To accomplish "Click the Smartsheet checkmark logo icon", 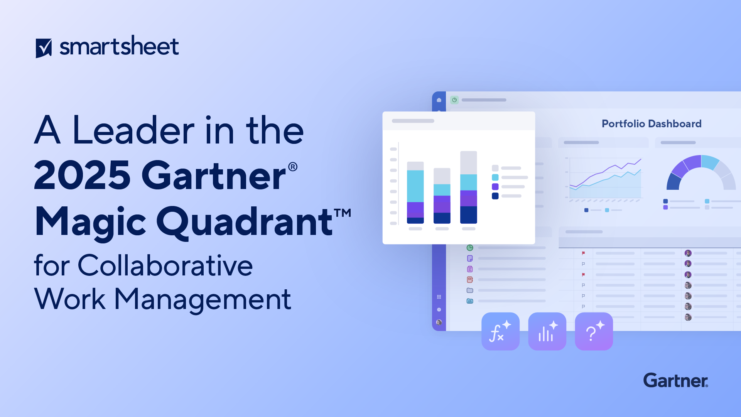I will click(x=44, y=48).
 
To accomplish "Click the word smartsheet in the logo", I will click(x=119, y=47).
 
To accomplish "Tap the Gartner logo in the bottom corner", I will click(x=675, y=380).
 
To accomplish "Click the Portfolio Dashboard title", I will click(x=652, y=124).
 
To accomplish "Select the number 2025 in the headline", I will click(x=82, y=176).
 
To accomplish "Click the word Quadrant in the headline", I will click(x=245, y=222).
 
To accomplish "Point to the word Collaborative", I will click(x=165, y=266).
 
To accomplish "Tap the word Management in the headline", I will click(x=203, y=299).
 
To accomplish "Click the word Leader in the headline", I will click(x=133, y=131).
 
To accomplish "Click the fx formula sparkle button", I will click(x=500, y=331).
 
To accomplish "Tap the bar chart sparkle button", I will click(x=547, y=331).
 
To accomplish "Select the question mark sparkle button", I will click(x=594, y=331).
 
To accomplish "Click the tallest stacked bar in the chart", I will click(x=468, y=187).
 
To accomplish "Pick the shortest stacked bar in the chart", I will click(x=442, y=196).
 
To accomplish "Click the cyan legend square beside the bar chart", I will click(x=495, y=177).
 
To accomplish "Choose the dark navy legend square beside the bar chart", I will click(x=495, y=196).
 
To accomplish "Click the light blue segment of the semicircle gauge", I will click(x=710, y=162).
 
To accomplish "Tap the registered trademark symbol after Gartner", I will click(x=293, y=167).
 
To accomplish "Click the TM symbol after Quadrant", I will click(x=343, y=213).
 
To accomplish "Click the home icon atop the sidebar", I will click(x=439, y=100).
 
